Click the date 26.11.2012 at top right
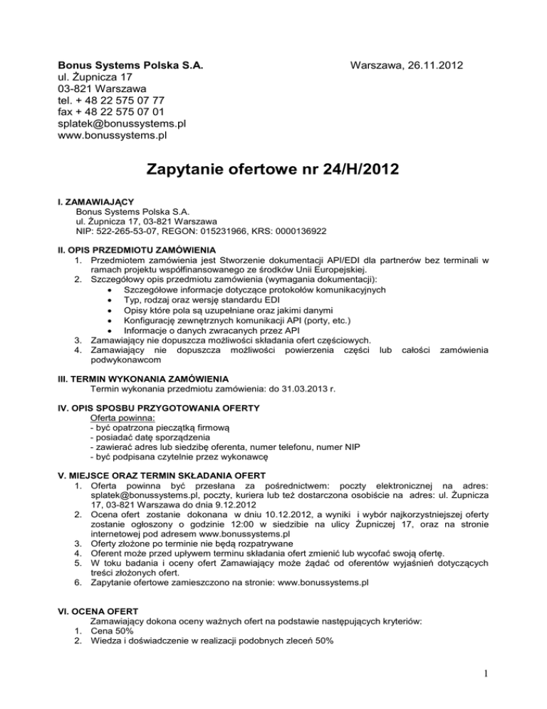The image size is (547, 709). point(433,66)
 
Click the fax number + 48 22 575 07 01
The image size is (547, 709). point(111,111)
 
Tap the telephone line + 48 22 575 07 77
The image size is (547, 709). point(110,100)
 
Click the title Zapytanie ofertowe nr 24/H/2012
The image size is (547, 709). point(273,170)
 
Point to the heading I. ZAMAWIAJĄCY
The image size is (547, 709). point(96,202)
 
